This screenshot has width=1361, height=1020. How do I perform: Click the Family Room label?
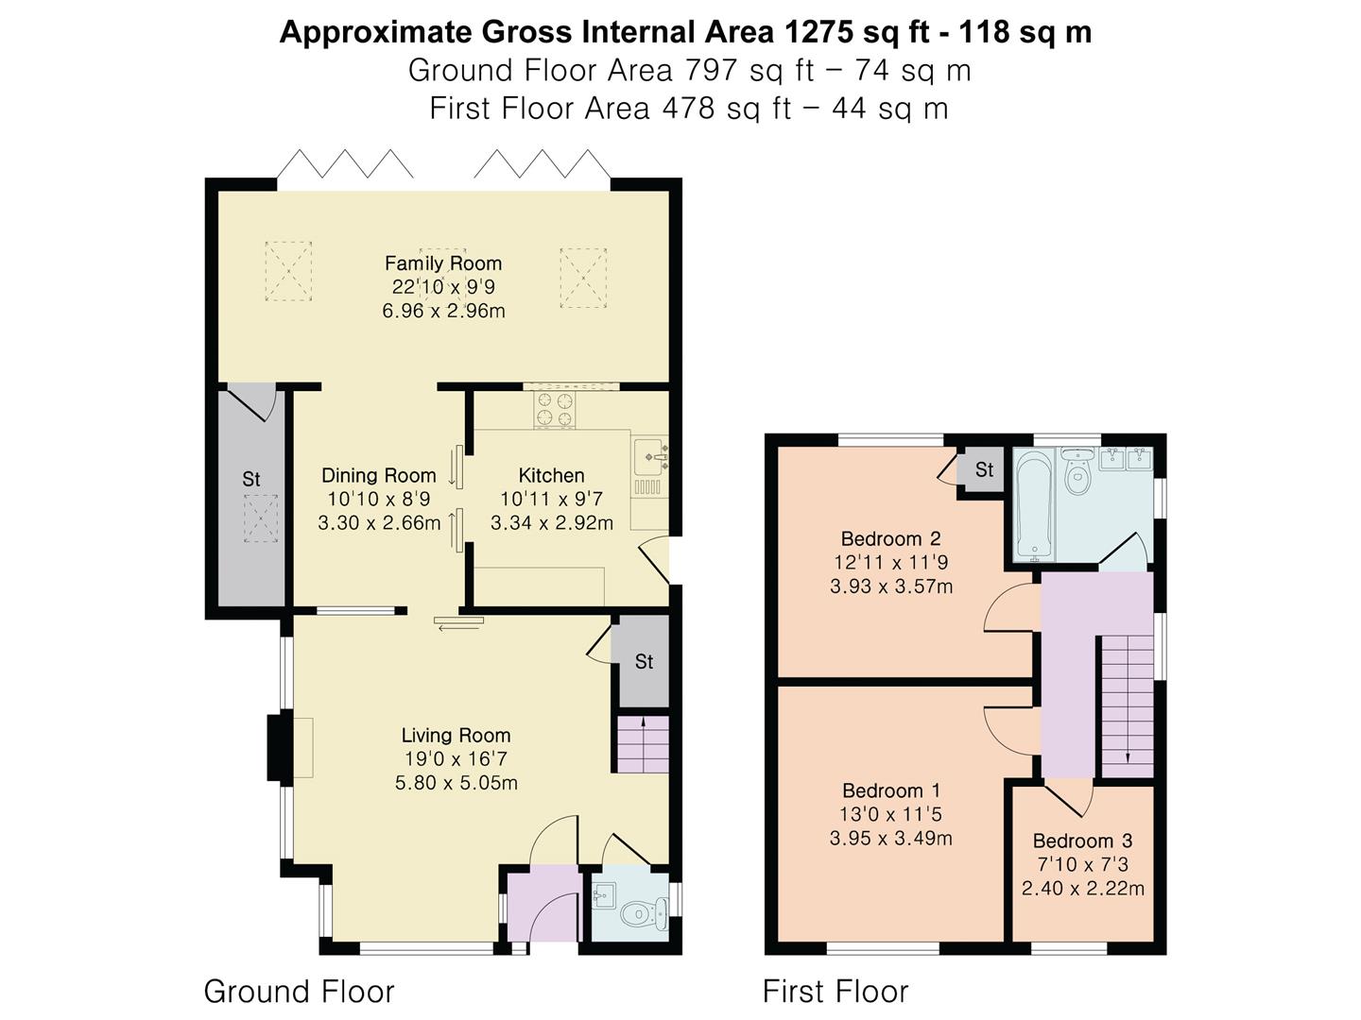coord(442,263)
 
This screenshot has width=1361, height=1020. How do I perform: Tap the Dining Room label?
coord(379,476)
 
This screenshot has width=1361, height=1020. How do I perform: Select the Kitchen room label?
coord(551,476)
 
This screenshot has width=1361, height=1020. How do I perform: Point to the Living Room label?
coord(456,735)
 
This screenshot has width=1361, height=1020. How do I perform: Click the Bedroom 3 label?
coord(1082,841)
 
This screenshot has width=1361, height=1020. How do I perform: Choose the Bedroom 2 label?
coord(891,538)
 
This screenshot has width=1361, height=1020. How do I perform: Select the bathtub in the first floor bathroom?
coord(1034,504)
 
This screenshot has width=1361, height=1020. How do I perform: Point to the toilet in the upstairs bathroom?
coord(1077,470)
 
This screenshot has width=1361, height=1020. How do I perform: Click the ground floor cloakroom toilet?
coord(645,913)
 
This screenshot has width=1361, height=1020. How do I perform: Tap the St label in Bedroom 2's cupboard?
coord(984,469)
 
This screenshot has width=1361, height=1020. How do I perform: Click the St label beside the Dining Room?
coord(251,479)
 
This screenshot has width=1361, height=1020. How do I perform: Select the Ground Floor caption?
coord(299,992)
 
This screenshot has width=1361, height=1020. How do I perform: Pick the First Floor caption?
coord(836,992)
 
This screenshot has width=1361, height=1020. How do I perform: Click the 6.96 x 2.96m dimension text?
coord(443,311)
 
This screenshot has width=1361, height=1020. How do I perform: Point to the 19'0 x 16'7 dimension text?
coord(456,758)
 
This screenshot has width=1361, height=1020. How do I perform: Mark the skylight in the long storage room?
coord(261,518)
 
